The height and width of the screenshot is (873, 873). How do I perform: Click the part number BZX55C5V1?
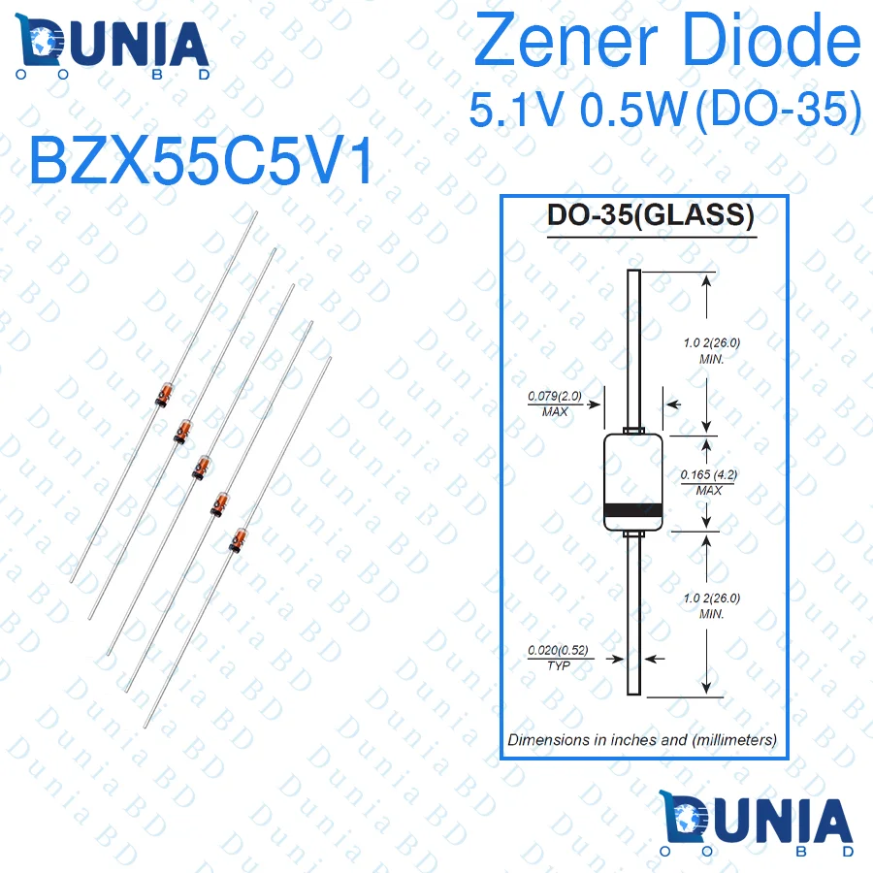[x=201, y=161]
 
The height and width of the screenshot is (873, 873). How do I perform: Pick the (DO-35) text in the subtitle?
[x=778, y=111]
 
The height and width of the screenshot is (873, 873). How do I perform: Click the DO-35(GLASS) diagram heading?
[x=650, y=215]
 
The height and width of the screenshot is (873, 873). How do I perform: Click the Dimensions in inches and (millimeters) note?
[x=642, y=739]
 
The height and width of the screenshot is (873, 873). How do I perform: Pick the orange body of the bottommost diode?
[x=238, y=540]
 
